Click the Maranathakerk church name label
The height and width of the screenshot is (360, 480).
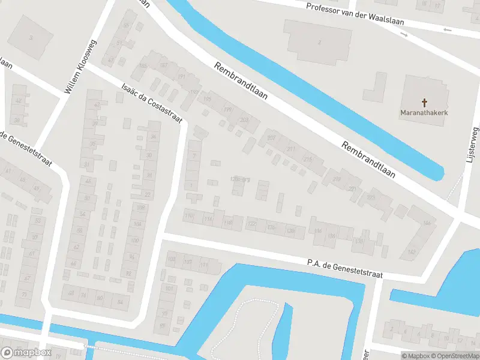pyautogui.click(x=425, y=112)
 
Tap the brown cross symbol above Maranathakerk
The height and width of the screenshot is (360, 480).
pyautogui.click(x=425, y=103)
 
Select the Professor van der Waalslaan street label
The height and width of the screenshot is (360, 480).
pyautogui.click(x=355, y=14)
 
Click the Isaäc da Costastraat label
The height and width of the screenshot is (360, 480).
pyautogui.click(x=151, y=103)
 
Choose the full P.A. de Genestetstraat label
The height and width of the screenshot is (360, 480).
pyautogui.click(x=344, y=268)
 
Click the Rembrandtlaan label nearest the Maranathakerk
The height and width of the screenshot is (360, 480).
pyautogui.click(x=368, y=160)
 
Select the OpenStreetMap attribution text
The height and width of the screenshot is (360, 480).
pyautogui.click(x=454, y=356)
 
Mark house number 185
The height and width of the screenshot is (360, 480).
pyautogui.click(x=143, y=65)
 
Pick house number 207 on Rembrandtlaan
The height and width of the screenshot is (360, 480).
pyautogui.click(x=271, y=138)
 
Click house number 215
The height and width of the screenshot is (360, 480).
pyautogui.click(x=308, y=159)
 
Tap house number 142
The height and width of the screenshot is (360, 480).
pyautogui.click(x=411, y=252)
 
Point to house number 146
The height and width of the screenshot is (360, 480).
pyautogui.click(x=427, y=223)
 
